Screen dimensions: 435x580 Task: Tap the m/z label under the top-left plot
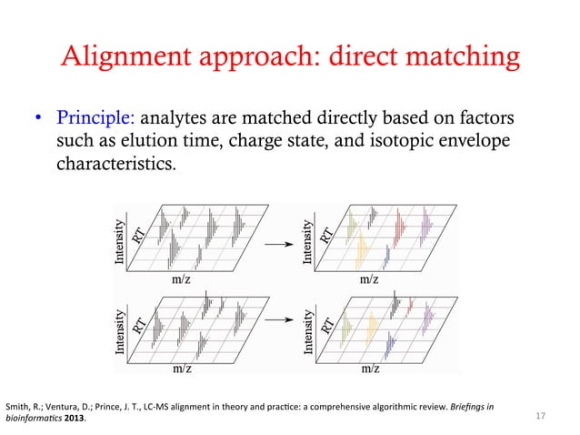(x=181, y=280)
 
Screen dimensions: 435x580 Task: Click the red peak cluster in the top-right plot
(x=399, y=223)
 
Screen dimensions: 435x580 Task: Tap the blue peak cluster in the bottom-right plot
(x=389, y=342)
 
